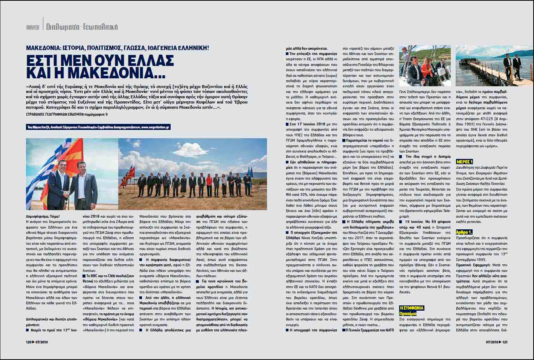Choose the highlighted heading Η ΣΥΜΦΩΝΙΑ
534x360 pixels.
pyautogui.click(x=412, y=308)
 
